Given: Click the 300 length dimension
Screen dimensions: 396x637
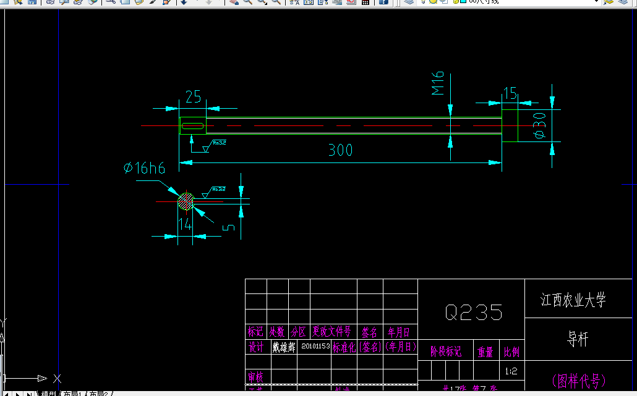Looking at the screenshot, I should coord(340,150).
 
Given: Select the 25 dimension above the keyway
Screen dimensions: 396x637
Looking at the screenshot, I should coord(193,96).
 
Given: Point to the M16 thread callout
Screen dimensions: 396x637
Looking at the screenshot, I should coord(438,83).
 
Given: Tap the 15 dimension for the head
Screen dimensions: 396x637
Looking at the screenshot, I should coord(510,93).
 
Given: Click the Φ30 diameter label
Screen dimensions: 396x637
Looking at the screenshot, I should coord(539,125).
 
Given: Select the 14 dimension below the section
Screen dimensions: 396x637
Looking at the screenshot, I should coord(185,224).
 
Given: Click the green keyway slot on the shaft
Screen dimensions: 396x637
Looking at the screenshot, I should coord(192,125).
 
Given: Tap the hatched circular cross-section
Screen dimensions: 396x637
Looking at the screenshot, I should coord(186,201).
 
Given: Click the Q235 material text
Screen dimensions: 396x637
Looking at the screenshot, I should coord(474,312).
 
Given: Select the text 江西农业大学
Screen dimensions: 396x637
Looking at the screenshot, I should coord(573,301).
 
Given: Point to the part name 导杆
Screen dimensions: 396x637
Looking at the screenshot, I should coord(578,339).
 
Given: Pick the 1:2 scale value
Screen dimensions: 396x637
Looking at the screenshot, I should coord(511,372).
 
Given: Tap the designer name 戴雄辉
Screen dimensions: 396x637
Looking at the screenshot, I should coord(283,347).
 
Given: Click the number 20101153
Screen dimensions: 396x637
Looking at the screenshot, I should coord(314,347).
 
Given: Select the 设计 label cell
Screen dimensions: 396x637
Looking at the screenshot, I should coord(256,347).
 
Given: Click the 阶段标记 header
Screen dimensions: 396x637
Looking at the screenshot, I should coord(445,352).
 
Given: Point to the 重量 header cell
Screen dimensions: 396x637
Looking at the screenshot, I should coord(485,352).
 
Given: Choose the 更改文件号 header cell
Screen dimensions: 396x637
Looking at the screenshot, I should coord(331,332).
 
